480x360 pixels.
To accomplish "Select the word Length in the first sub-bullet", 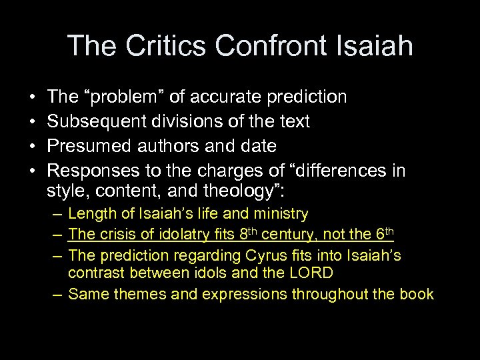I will (x=90, y=214).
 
